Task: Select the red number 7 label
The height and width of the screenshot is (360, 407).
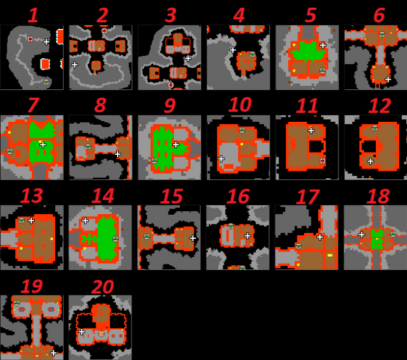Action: [33, 106]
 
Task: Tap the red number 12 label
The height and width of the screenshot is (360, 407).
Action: [376, 106]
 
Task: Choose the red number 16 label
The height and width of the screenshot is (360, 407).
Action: [238, 196]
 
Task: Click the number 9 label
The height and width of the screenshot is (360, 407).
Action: [170, 106]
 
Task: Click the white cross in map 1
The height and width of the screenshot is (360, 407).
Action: [47, 41]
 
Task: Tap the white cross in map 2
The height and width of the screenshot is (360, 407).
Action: [74, 64]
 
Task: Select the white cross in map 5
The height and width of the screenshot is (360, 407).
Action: [322, 45]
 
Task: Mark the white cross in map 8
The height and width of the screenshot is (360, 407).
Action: [118, 154]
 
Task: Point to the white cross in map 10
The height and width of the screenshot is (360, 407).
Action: [221, 159]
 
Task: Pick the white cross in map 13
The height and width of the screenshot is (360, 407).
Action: [31, 221]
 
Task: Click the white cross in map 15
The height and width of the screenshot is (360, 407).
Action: [193, 238]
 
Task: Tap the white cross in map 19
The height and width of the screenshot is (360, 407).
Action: [53, 352]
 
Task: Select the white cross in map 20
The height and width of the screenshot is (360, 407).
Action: [82, 332]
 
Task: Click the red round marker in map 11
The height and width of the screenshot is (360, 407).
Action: [322, 161]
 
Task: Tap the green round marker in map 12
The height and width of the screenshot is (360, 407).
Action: [375, 127]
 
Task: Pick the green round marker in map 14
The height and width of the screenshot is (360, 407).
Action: [115, 239]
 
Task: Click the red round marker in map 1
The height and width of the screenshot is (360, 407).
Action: [30, 39]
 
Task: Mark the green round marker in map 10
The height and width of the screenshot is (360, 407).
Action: [242, 130]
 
